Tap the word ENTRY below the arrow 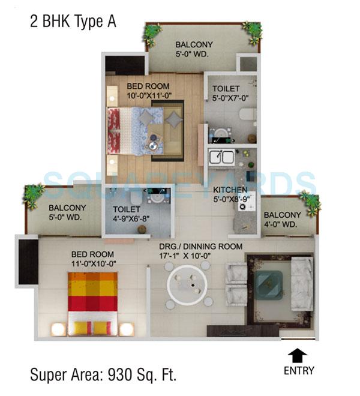(299, 370)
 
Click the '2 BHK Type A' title (73, 22)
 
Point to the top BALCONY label (194, 44)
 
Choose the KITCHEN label (230, 190)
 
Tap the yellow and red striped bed (92, 303)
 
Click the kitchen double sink (221, 157)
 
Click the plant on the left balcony (34, 194)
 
